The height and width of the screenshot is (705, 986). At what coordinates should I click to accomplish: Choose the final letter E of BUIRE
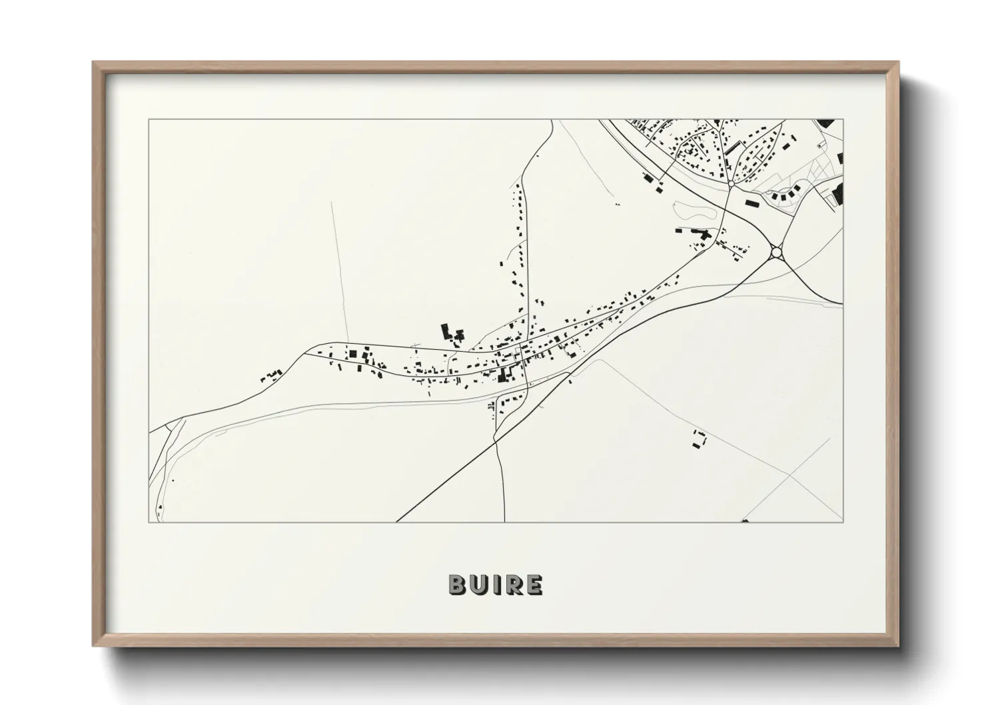534,584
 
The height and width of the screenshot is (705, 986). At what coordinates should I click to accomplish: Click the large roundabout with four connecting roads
775,253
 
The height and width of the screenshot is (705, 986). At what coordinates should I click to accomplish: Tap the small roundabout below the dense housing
731,181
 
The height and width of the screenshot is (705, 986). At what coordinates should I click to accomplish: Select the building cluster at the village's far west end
272,375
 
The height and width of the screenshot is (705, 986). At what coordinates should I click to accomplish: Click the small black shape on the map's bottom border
745,520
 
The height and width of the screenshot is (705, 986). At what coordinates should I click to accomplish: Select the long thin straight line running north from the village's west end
339,267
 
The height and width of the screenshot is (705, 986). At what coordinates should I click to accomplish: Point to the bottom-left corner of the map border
149,522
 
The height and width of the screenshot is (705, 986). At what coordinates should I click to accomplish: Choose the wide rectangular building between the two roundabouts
751,201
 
